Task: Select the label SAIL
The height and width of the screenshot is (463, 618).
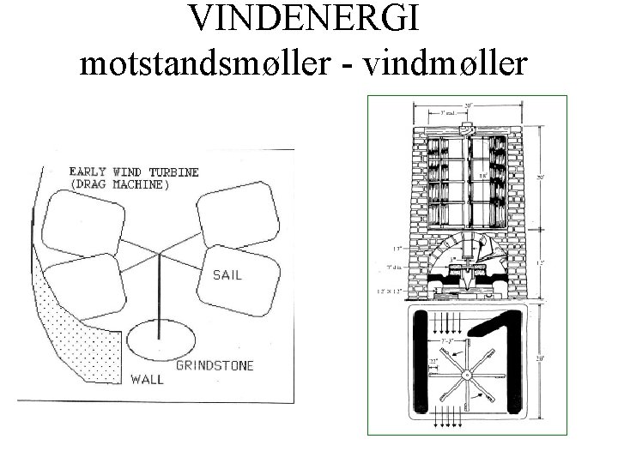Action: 227,274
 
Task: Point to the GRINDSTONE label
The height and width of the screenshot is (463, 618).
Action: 215,366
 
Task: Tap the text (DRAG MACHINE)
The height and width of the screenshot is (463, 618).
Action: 118,184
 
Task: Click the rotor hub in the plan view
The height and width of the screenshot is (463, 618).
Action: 467,375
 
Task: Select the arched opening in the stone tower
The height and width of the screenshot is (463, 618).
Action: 467,249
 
